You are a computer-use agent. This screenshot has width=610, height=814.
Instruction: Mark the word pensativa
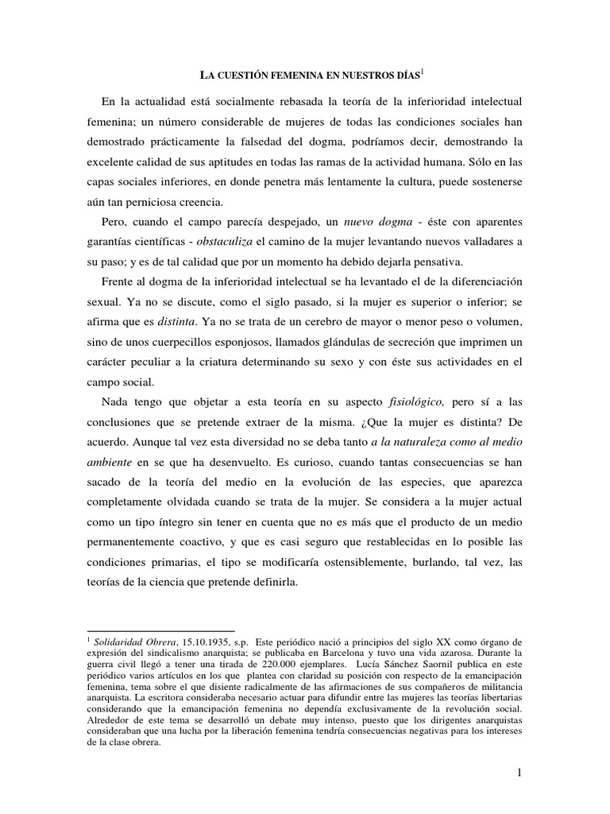click(444, 258)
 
